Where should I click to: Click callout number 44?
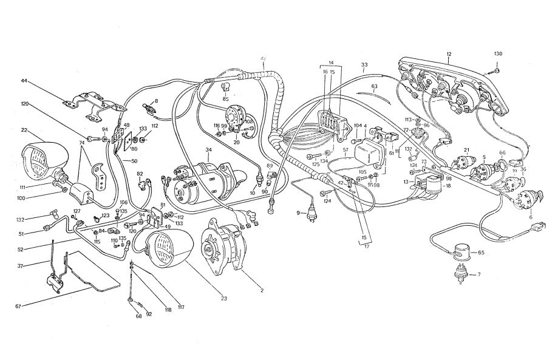24,80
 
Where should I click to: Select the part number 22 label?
24,129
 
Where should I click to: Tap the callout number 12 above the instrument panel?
449,54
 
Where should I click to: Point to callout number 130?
498,54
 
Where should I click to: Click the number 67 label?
19,307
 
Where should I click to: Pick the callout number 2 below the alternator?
262,291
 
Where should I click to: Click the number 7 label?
478,274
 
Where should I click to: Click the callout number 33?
364,64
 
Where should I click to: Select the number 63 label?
375,87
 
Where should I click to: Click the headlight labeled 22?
39,158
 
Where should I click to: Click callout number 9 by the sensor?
298,212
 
